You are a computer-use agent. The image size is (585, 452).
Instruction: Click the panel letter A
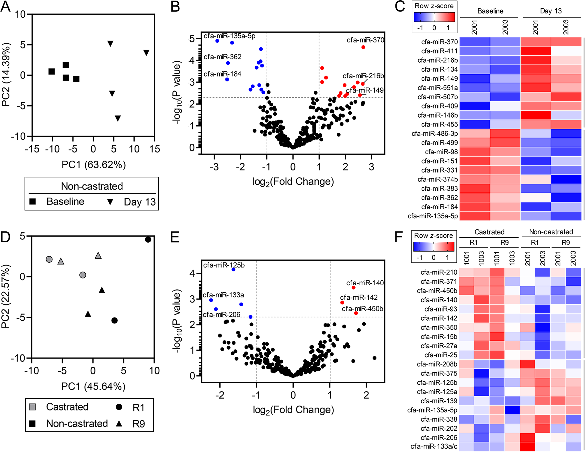(5, 7)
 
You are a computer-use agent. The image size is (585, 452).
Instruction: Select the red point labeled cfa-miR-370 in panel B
(363, 47)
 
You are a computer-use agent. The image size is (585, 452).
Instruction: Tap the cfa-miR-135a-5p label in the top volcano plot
(229, 36)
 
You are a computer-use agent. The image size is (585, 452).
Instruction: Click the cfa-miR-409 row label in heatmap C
(439, 106)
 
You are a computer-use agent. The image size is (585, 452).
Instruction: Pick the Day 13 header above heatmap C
(551, 11)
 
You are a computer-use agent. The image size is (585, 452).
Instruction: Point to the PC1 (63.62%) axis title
(93, 165)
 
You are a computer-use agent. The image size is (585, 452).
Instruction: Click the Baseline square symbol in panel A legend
(33, 202)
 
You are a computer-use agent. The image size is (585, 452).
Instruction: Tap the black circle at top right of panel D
(148, 239)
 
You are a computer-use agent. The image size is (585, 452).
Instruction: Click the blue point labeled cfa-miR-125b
(233, 269)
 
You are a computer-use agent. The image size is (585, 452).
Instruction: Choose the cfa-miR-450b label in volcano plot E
(362, 309)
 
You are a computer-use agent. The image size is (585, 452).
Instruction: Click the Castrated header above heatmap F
(489, 232)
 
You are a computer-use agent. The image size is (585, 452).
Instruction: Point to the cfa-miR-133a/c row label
(434, 447)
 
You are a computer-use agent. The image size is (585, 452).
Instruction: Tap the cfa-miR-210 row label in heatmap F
(439, 272)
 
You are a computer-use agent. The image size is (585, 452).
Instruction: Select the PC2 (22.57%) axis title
(5, 296)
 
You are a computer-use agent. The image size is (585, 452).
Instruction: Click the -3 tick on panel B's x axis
(214, 167)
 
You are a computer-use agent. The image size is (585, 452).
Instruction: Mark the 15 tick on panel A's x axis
(155, 149)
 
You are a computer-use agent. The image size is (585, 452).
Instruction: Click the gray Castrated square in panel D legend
(33, 407)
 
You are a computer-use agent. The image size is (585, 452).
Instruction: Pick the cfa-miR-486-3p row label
(435, 134)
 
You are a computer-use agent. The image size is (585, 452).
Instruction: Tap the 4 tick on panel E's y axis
(192, 274)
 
